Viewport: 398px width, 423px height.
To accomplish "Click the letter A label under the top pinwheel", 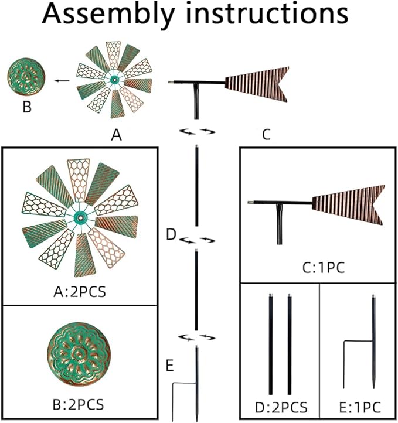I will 116,136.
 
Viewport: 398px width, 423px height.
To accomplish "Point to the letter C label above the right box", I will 266,136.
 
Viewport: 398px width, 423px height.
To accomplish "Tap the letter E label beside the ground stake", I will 169,367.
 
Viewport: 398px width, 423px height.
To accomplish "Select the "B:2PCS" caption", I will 80,404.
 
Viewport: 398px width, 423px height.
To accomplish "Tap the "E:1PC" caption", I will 358,407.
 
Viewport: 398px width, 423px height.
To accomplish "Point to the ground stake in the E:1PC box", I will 373,346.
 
